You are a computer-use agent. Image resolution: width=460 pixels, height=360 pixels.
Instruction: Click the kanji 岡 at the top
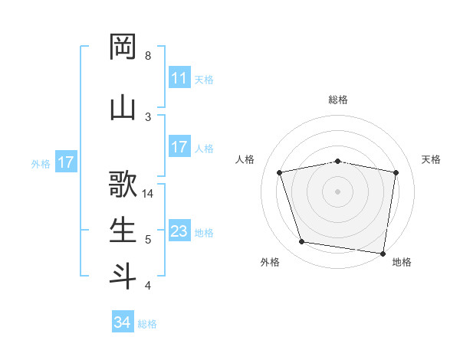(x=123, y=47)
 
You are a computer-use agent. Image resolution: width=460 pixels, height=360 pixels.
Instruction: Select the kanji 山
(x=123, y=108)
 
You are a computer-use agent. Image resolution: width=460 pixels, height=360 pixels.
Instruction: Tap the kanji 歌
(x=123, y=185)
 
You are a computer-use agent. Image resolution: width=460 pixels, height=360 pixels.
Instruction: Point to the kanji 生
(x=123, y=231)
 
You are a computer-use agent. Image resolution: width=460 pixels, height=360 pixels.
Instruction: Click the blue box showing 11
(x=179, y=78)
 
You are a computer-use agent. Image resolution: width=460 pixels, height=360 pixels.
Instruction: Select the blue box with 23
(x=179, y=231)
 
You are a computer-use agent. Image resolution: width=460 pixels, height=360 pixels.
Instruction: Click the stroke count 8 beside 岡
(x=147, y=56)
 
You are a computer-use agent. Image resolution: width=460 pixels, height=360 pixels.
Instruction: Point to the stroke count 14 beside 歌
(x=149, y=194)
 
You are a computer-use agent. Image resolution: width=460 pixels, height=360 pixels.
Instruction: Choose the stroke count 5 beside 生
(x=147, y=240)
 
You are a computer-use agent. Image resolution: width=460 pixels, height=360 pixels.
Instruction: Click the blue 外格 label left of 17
(x=41, y=163)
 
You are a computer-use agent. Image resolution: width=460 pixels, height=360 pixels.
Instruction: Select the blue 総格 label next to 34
(x=147, y=324)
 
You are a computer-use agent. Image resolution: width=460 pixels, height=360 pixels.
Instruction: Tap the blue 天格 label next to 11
(x=204, y=79)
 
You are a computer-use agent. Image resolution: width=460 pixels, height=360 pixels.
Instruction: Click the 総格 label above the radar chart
(x=338, y=100)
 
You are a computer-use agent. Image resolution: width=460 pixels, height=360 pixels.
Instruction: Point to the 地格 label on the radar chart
(x=402, y=262)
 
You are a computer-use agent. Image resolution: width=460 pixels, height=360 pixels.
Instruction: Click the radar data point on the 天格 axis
(x=396, y=172)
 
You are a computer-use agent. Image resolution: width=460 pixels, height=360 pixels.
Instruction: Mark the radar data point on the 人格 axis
(x=280, y=172)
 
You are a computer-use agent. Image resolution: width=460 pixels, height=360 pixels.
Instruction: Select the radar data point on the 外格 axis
(x=302, y=242)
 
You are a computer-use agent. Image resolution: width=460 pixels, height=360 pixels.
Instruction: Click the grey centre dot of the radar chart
(x=337, y=191)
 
